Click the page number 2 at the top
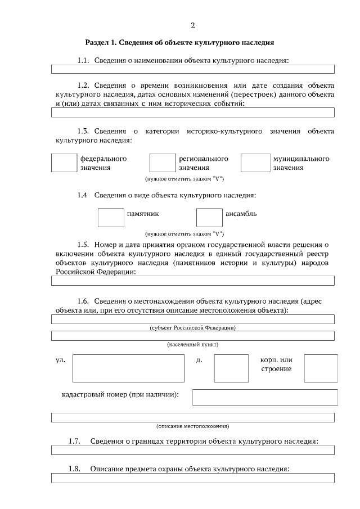click(x=193, y=25)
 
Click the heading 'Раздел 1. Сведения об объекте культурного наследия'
click(x=179, y=42)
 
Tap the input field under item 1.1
click(x=193, y=69)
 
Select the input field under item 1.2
click(x=193, y=112)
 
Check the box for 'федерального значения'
click(x=64, y=163)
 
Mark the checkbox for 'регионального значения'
click(x=163, y=163)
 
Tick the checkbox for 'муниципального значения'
click(x=255, y=163)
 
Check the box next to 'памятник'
click(x=111, y=218)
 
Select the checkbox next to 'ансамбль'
click(x=209, y=218)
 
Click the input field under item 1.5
click(x=193, y=281)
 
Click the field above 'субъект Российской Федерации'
click(x=193, y=319)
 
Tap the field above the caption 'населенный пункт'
click(x=193, y=336)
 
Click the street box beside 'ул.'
click(x=128, y=368)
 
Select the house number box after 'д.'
click(x=231, y=368)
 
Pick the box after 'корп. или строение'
click(x=321, y=368)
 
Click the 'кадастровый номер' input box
click(x=265, y=397)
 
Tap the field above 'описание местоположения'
click(x=193, y=417)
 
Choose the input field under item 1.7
click(x=193, y=450)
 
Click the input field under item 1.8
click(x=193, y=478)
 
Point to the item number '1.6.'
click(x=84, y=301)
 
